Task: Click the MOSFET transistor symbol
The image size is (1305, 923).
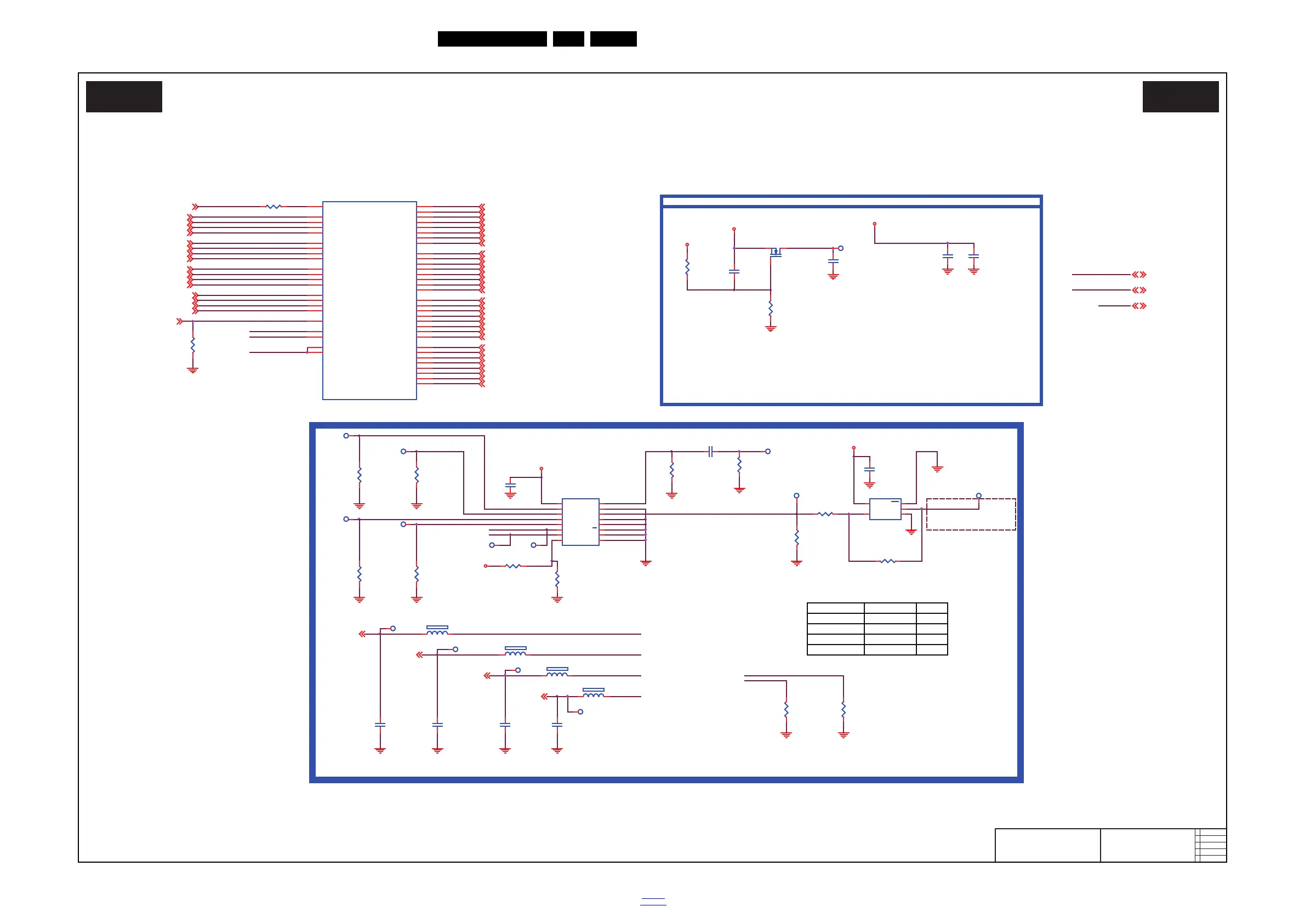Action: pos(775,252)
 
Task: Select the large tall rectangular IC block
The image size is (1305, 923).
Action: pos(369,300)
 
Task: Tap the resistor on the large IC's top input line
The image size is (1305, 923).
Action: pos(273,207)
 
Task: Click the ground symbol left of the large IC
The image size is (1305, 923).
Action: pos(193,370)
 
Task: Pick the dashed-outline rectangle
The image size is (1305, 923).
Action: pos(971,514)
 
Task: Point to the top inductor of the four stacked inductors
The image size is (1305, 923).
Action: pos(437,630)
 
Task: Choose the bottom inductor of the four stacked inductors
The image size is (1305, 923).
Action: pos(594,693)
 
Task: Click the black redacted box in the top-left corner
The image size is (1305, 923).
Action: pos(124,96)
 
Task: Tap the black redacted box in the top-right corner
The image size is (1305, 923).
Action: pos(1181,96)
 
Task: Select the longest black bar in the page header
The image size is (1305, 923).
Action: pos(492,39)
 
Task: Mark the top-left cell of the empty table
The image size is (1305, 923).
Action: pos(835,608)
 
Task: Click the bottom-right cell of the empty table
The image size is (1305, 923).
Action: pos(932,649)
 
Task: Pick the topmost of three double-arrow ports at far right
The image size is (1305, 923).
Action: pos(1139,275)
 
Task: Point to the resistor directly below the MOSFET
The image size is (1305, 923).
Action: pos(771,309)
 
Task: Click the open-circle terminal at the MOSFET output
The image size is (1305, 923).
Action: pos(841,248)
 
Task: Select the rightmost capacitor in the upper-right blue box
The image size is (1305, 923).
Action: pos(973,257)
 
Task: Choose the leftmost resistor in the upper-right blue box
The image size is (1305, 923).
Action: pos(687,266)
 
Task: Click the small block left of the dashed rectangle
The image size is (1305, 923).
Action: pos(885,509)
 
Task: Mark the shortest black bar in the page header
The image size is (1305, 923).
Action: pos(568,39)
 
